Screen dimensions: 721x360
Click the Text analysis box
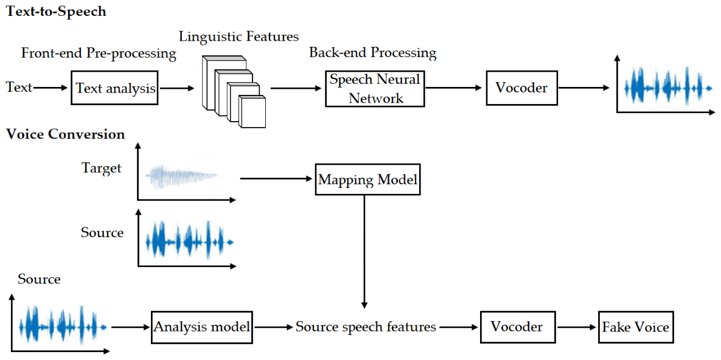tap(114, 88)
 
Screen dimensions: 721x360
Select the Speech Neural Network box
tap(374, 88)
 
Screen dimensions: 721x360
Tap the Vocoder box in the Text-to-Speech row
tap(521, 88)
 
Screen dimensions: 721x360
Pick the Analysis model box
tap(203, 327)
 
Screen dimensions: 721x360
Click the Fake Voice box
tap(634, 327)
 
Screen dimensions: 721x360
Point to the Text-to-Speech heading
tap(55, 12)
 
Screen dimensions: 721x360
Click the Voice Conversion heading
tap(65, 135)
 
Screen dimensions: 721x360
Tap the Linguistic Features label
tap(239, 36)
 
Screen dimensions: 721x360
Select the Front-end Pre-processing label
tap(99, 54)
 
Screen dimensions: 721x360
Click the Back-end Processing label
tap(372, 53)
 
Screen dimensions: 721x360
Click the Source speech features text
tap(366, 327)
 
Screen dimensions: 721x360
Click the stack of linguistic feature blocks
tap(234, 91)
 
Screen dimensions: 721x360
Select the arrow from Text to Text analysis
tap(51, 88)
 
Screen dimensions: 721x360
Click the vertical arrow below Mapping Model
tap(364, 252)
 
